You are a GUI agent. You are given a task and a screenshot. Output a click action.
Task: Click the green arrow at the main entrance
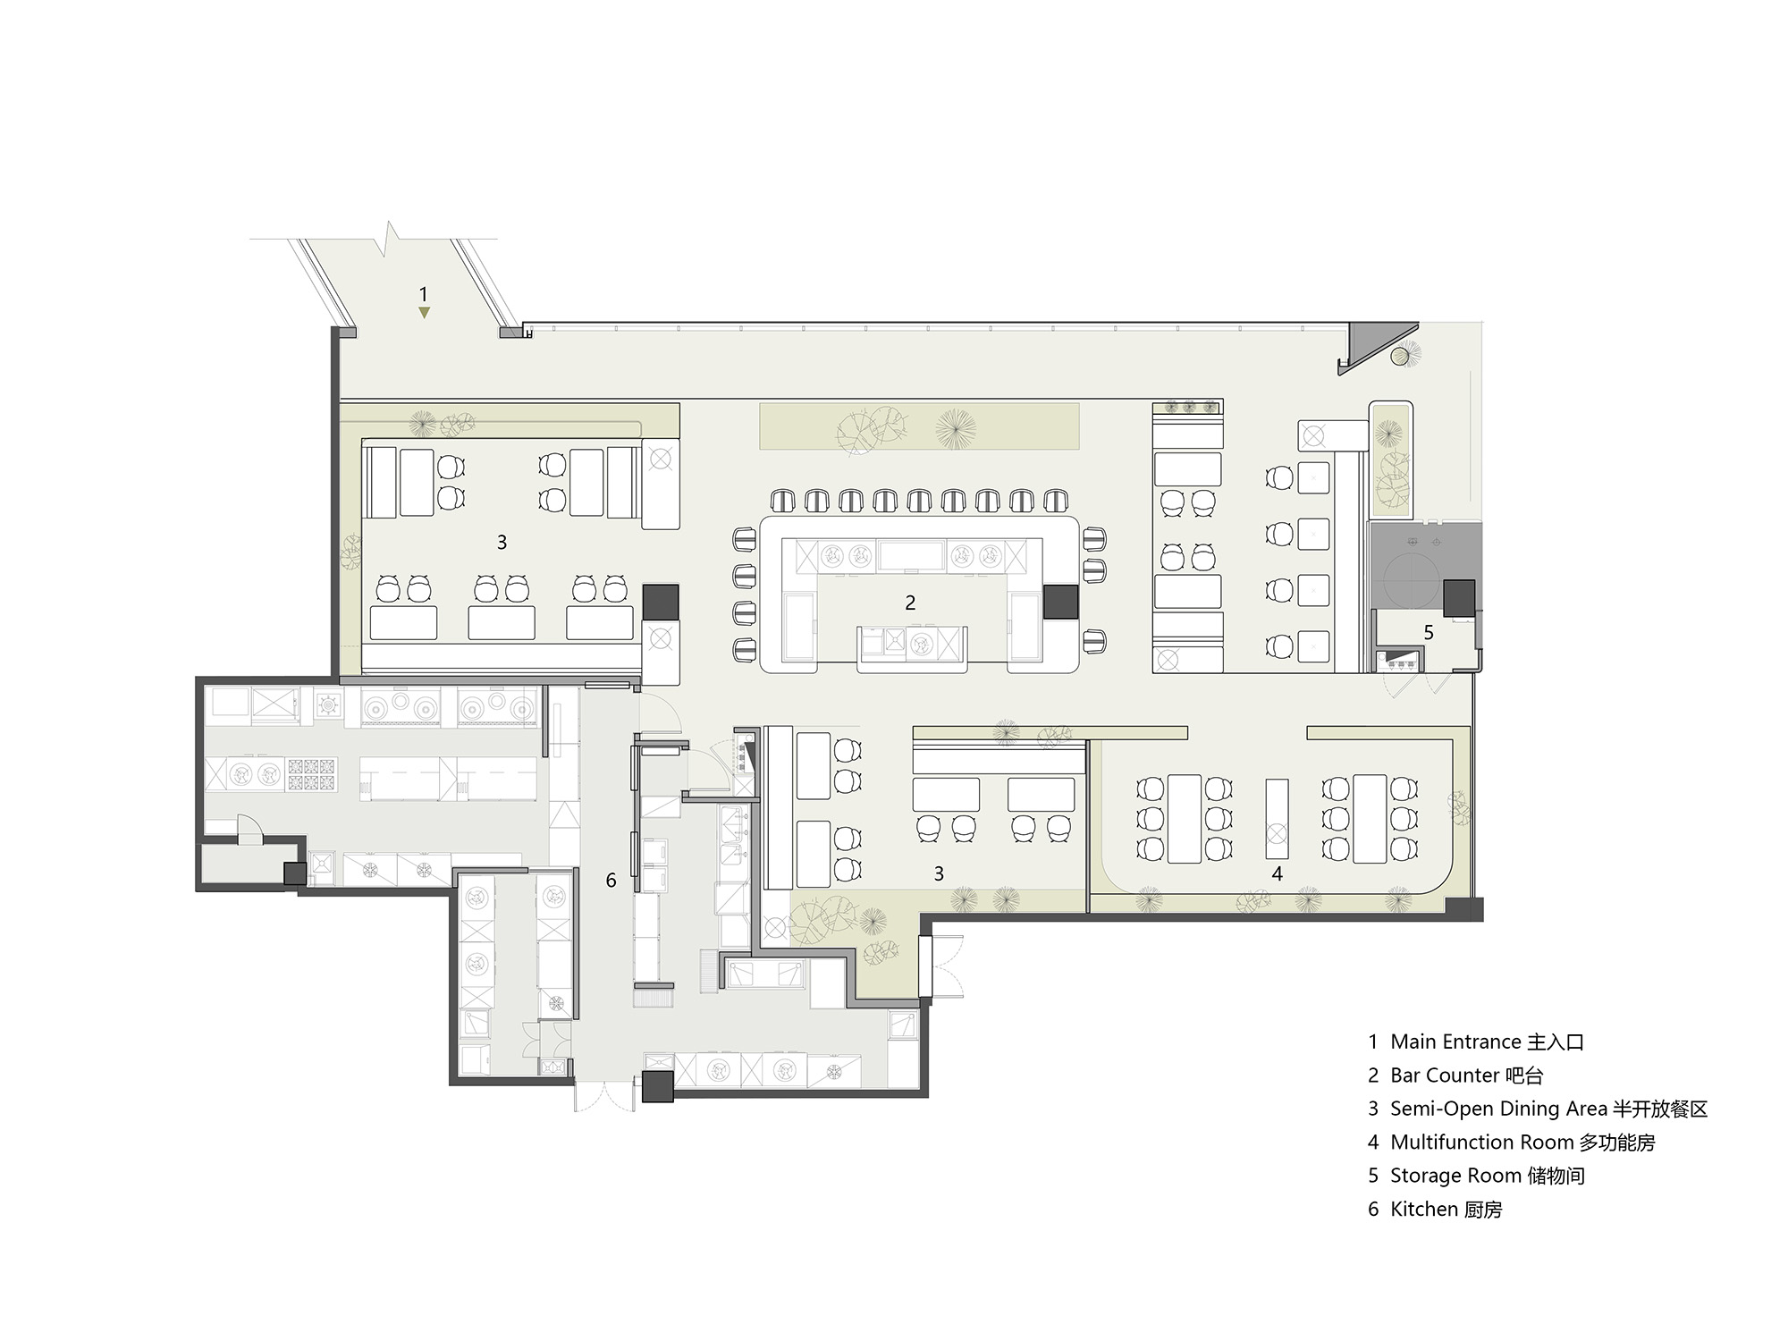[x=425, y=313]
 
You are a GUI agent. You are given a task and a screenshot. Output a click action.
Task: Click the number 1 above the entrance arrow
[x=424, y=293]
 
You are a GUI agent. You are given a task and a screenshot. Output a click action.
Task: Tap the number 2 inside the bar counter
[x=910, y=603]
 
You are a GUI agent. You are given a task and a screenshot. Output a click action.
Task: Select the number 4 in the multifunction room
[x=1277, y=873]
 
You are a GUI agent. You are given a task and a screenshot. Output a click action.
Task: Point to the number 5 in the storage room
[x=1429, y=633]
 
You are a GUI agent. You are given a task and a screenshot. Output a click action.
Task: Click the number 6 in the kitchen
[x=611, y=881]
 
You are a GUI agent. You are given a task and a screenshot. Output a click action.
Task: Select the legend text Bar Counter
[x=1445, y=1075]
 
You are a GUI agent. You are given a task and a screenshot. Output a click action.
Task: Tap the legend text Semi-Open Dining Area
[x=1498, y=1109]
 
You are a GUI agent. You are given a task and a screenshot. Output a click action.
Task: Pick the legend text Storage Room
[x=1455, y=1176]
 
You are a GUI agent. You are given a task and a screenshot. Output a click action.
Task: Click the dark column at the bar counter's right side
[x=1060, y=602]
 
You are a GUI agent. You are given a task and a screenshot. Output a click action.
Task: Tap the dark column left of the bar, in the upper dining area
[x=661, y=602]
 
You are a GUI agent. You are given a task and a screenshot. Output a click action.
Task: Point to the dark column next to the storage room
[x=1460, y=597]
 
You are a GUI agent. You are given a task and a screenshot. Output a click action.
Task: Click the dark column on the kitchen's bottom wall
[x=658, y=1086]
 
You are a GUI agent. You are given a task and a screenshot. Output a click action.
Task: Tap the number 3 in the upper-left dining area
[x=502, y=543]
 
